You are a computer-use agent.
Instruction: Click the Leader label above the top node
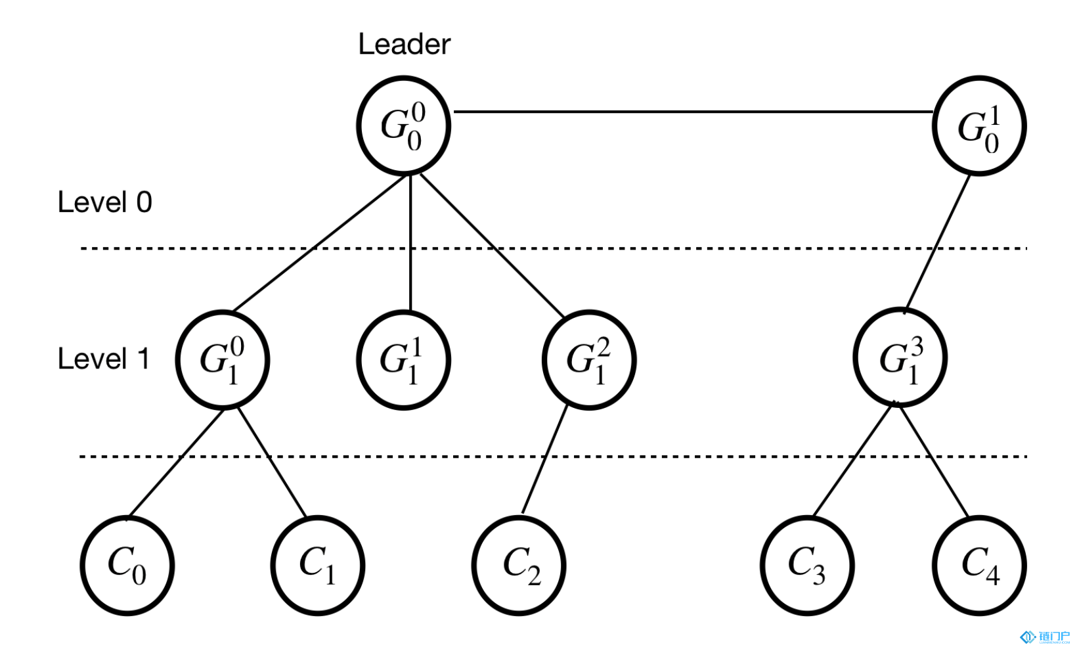(405, 44)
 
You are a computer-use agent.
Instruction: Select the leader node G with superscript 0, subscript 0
(404, 125)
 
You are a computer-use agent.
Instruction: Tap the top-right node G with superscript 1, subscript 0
(979, 125)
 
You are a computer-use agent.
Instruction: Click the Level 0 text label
(105, 202)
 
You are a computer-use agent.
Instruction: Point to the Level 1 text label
(103, 359)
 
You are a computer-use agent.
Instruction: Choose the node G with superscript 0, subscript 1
(223, 360)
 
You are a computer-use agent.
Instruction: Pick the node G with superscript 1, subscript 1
(404, 360)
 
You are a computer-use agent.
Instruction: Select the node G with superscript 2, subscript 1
(589, 360)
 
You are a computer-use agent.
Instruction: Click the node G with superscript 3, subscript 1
(900, 357)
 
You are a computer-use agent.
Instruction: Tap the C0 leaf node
(127, 566)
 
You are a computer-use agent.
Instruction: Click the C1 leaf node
(318, 566)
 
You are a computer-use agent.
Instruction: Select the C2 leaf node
(519, 566)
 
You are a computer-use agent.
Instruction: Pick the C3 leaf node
(807, 566)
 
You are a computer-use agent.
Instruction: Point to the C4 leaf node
(979, 566)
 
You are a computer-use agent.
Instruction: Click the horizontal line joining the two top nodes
(693, 112)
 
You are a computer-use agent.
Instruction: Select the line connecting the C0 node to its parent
(175, 464)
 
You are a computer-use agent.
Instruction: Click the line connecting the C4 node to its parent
(933, 461)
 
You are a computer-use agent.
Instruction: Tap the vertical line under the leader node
(410, 242)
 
